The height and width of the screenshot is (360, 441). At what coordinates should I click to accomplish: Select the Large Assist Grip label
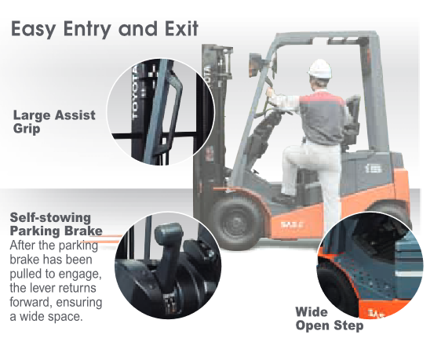(x=54, y=122)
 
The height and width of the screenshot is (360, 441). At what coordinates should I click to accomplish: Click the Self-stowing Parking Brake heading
(x=56, y=224)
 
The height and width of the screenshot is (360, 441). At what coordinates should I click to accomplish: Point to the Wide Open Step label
(x=330, y=319)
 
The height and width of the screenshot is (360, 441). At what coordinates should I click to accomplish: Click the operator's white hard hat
(x=320, y=68)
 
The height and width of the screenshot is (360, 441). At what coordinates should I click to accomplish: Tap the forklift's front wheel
(x=237, y=223)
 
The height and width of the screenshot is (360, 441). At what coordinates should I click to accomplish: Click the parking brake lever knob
(x=169, y=233)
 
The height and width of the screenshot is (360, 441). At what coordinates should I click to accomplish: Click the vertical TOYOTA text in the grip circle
(x=136, y=93)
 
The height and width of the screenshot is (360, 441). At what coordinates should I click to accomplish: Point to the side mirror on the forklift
(x=254, y=65)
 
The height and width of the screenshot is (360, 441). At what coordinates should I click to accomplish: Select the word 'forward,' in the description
(x=31, y=302)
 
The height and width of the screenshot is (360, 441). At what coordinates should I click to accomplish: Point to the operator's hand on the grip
(x=271, y=92)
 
